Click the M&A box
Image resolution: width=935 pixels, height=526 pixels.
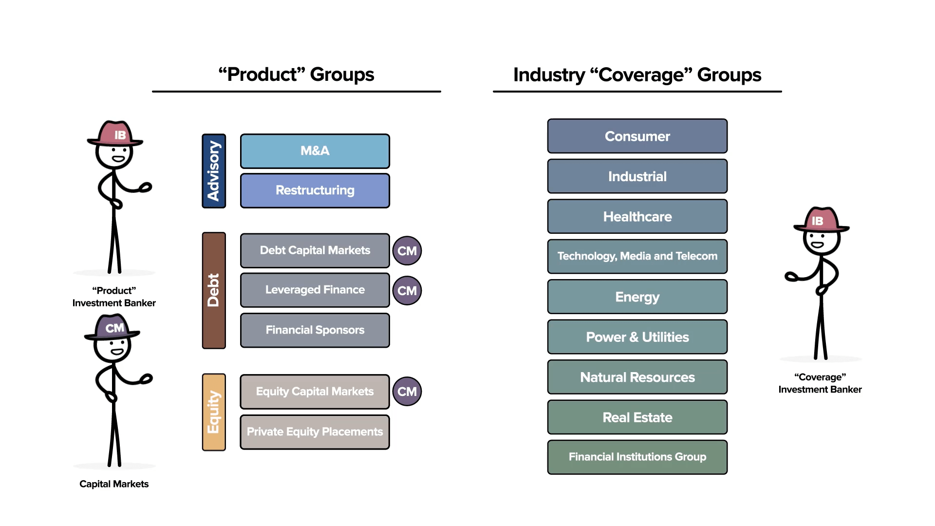(x=315, y=151)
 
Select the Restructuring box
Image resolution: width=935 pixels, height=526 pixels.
(x=315, y=190)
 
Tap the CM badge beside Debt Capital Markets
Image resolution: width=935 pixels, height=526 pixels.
(x=407, y=251)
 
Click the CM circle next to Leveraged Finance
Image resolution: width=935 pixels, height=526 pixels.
(x=407, y=291)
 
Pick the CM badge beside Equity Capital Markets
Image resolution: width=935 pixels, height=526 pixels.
(x=407, y=392)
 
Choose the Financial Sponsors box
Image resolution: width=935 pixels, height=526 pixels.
(x=315, y=330)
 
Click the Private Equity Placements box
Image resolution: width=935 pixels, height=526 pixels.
(x=315, y=432)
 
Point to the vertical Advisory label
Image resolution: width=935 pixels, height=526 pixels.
(x=214, y=171)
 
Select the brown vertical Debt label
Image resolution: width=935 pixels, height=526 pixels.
(x=214, y=290)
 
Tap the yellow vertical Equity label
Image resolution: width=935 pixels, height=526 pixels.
(x=214, y=412)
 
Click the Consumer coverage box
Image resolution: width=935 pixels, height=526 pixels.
(x=637, y=136)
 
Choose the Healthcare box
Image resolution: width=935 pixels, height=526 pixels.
(x=637, y=217)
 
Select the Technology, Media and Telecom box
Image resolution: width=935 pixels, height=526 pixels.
(x=637, y=256)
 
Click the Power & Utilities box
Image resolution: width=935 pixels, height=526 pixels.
(x=637, y=337)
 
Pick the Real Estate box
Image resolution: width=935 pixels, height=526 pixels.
(x=637, y=417)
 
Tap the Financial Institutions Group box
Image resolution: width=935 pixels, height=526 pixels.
(x=637, y=457)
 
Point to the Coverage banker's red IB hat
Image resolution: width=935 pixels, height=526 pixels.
(x=820, y=220)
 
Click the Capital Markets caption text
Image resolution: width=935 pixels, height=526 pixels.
(x=114, y=484)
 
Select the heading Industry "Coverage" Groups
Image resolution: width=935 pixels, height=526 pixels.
(x=637, y=75)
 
